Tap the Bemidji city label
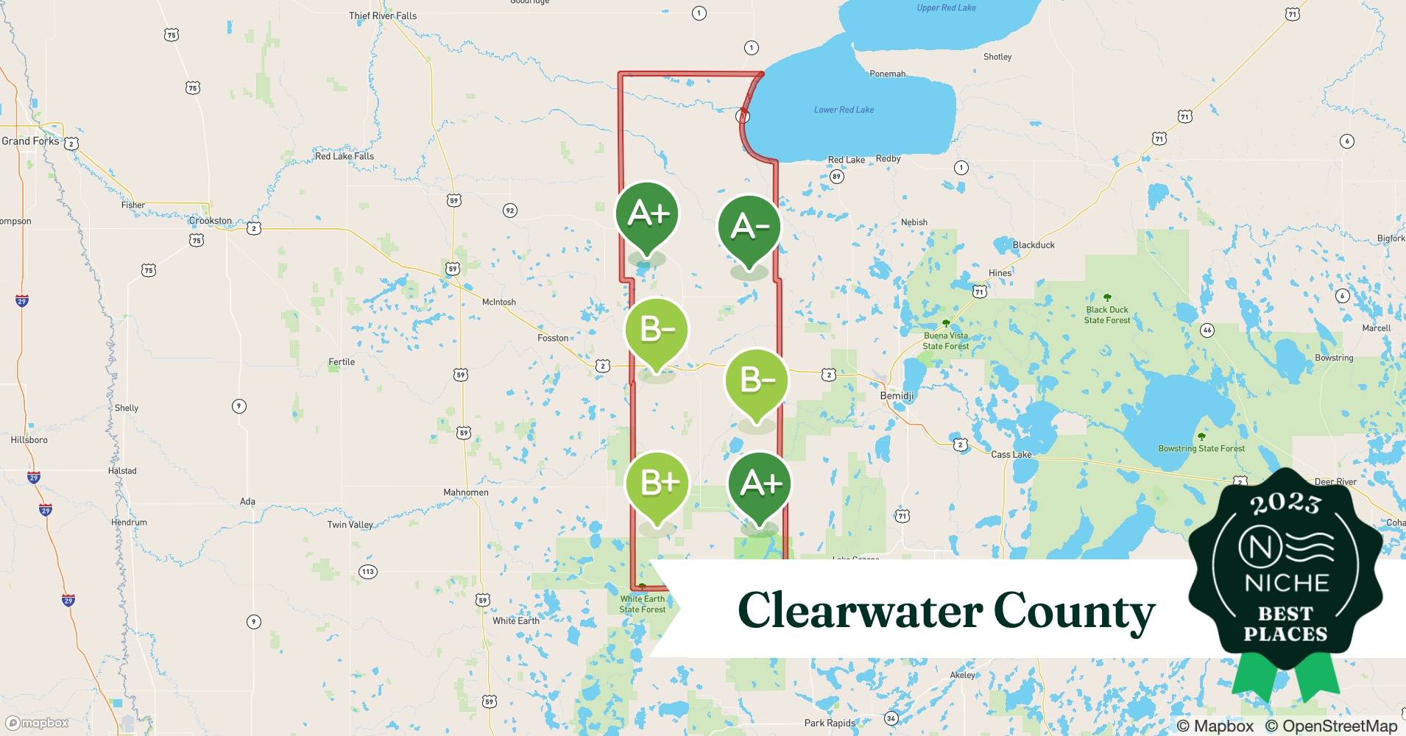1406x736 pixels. [897, 396]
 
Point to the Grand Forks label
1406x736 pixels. [30, 141]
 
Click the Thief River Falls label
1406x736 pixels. [383, 15]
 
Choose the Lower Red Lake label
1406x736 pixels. [844, 110]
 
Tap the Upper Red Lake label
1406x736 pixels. [946, 8]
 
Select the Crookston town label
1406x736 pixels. [211, 221]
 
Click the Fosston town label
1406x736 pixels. [553, 338]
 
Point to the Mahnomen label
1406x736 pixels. [466, 492]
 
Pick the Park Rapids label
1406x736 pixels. [830, 723]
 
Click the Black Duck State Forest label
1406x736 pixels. [1107, 315]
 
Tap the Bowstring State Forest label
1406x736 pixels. [1201, 448]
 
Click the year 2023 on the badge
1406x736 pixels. [1285, 504]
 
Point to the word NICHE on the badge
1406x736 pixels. [1286, 584]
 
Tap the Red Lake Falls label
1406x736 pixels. [344, 156]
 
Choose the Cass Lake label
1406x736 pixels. [1011, 454]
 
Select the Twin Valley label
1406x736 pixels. [350, 525]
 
